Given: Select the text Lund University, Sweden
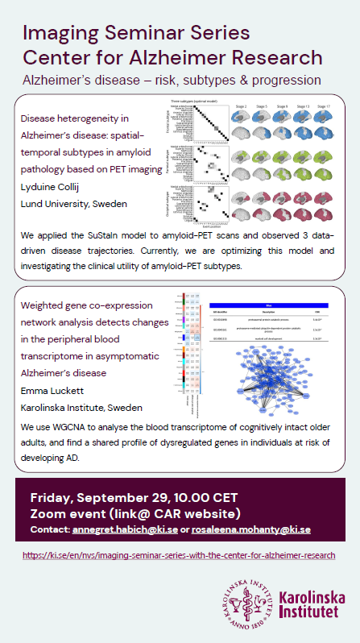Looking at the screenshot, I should (73, 204).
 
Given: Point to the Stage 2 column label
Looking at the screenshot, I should (241, 106).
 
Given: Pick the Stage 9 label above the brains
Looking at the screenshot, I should (282, 106).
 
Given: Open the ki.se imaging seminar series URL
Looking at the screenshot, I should (179, 556).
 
